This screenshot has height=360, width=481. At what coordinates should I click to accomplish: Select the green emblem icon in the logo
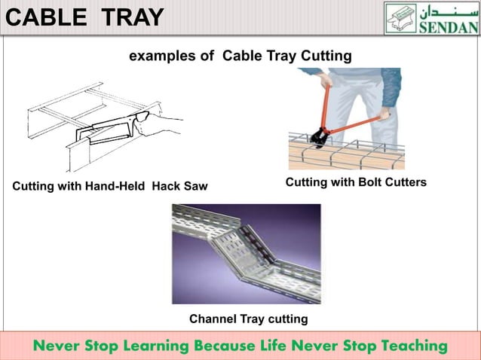coord(400,18)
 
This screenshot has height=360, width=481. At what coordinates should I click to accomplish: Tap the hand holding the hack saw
coord(162,124)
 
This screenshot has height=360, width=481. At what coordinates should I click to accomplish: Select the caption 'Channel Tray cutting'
coord(248,319)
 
